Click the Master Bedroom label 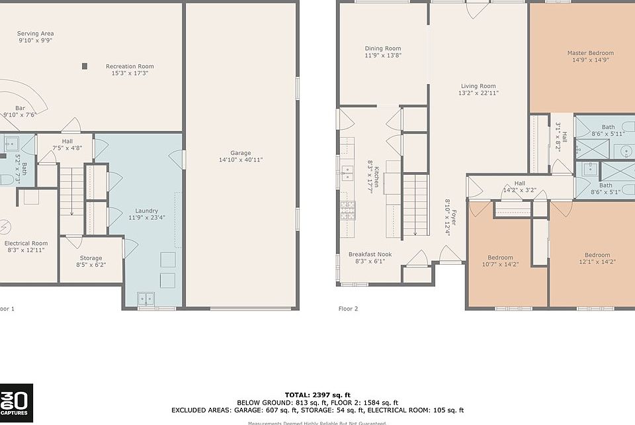click(x=590, y=53)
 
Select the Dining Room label click(x=383, y=48)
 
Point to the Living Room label click(x=478, y=86)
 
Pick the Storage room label click(x=91, y=258)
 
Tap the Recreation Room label click(x=130, y=66)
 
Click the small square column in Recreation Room click(x=84, y=66)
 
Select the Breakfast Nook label click(x=370, y=254)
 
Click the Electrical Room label click(x=26, y=243)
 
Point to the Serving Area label click(x=35, y=33)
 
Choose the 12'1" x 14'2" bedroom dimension click(x=597, y=261)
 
